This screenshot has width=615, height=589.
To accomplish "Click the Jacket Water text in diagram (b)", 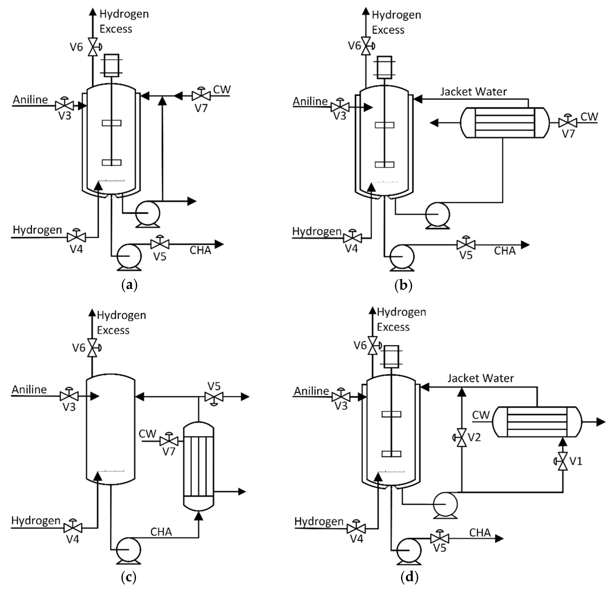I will coord(473,92).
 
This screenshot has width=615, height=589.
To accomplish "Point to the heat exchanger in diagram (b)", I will coord(505,123).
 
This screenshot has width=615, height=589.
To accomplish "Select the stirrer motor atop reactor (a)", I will coord(111,65).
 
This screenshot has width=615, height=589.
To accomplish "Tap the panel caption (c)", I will coord(129,577).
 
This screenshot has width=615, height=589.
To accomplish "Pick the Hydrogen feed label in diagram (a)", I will coord(37,230).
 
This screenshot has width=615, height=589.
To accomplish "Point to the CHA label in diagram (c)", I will coord(161,532).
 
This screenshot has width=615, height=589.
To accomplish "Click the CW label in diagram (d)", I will coord(481,415).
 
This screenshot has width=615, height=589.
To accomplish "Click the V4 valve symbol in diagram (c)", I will coord(73,528).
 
